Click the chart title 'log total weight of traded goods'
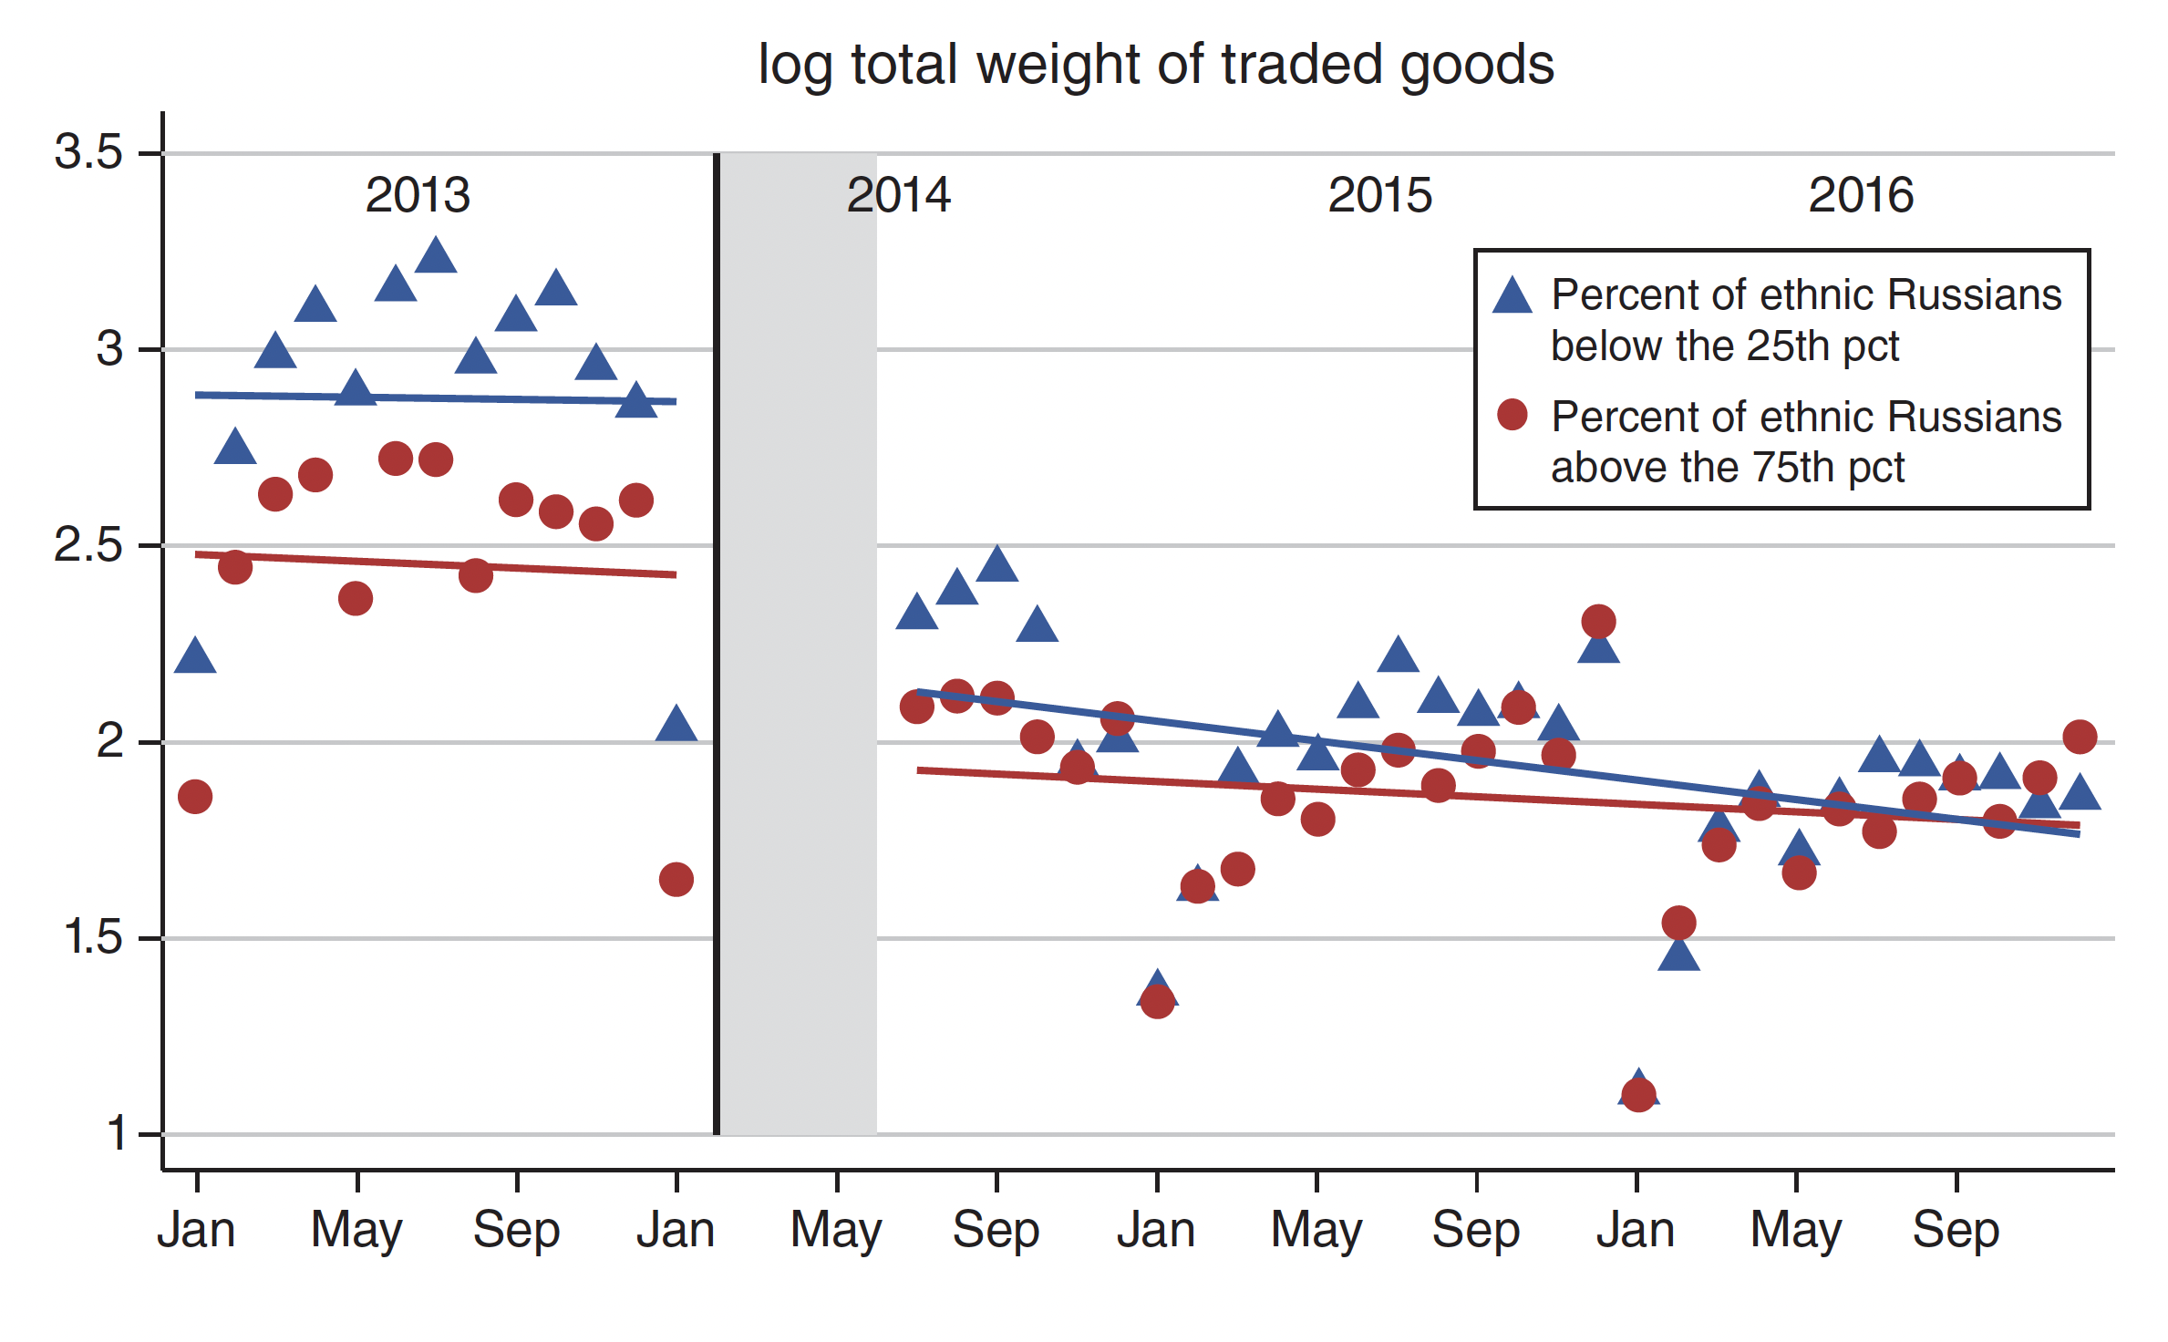point(1155,66)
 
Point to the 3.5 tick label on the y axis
point(88,151)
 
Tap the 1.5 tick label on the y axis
point(93,937)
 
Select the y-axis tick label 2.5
point(88,545)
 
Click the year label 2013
point(418,195)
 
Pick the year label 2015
point(1379,195)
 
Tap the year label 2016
point(1861,195)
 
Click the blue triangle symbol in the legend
point(1512,296)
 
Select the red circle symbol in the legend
point(1512,416)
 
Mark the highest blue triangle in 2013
point(436,257)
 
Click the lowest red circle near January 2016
point(1638,1094)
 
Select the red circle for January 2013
point(195,797)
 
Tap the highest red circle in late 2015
point(1598,623)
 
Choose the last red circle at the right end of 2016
point(2080,737)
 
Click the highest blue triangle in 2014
point(996,565)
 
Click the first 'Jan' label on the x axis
point(196,1230)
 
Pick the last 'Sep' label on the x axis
point(1956,1230)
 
